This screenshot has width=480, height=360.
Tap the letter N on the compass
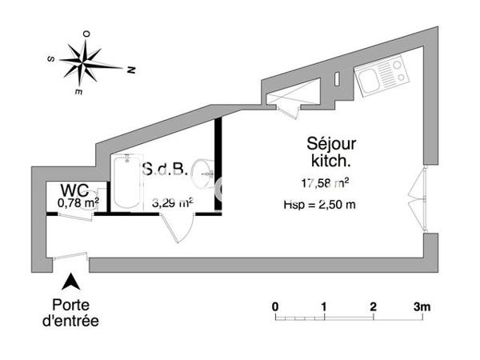[x=128, y=70]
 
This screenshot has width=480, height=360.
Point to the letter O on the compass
[x=86, y=34]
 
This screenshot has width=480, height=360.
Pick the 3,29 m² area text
[x=171, y=203]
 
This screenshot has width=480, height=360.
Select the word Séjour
[x=331, y=144]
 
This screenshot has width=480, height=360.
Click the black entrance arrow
[x=71, y=282]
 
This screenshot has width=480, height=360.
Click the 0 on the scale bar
[x=274, y=306]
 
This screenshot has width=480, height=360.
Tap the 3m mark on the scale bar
[x=422, y=306]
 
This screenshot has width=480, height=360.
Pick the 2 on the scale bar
[x=373, y=306]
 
